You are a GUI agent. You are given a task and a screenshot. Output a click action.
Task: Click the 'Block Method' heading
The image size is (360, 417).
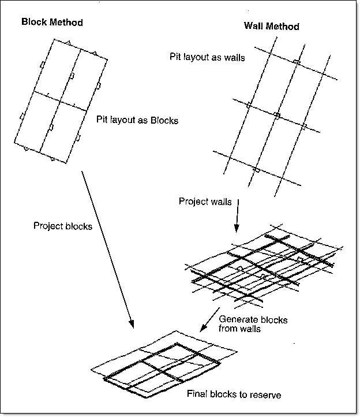pos(52,23)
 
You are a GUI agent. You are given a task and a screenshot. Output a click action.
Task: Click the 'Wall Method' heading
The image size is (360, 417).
pos(272,26)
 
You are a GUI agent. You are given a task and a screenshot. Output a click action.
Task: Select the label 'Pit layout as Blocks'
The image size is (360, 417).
pos(138,121)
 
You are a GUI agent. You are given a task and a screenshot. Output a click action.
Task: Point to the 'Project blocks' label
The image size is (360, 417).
pos(63,226)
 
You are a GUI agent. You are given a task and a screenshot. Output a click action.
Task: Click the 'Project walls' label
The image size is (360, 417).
pos(205,202)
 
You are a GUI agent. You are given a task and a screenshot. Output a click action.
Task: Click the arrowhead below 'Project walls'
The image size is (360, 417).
pos(237,226)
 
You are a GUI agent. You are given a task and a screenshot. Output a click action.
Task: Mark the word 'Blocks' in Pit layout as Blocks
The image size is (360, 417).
pos(164,121)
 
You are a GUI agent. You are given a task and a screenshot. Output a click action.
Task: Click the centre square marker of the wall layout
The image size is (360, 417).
pos(276,116)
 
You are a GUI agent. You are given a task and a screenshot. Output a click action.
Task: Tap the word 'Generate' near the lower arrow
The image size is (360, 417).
pos(237,319)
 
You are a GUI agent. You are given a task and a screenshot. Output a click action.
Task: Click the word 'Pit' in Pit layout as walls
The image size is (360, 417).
pos(175,57)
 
